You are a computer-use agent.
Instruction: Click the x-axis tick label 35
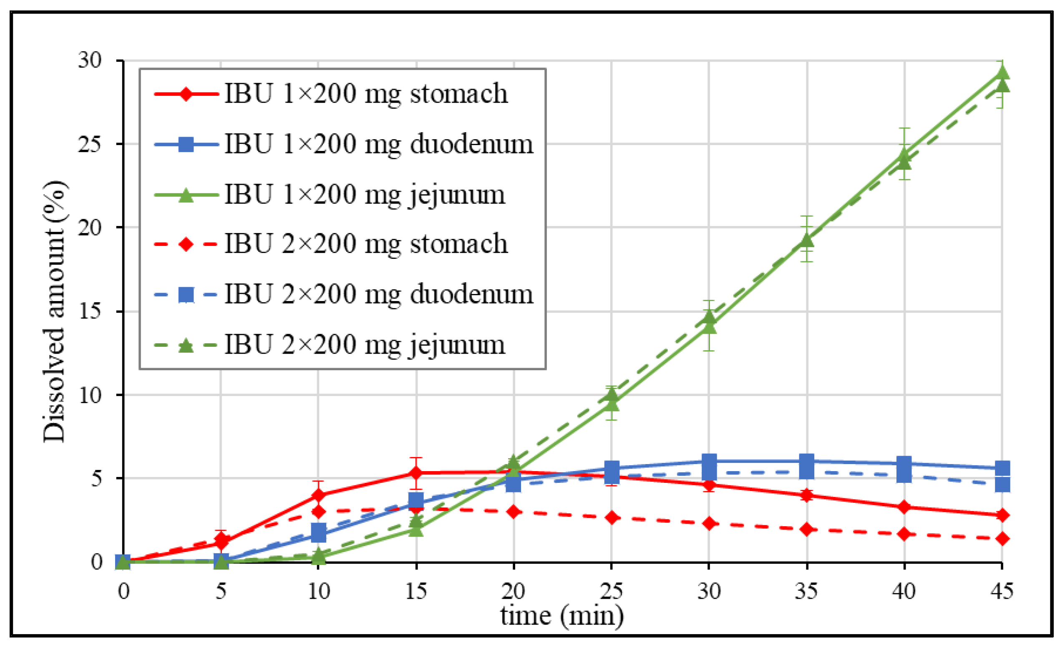(806, 591)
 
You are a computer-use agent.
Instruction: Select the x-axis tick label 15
(416, 591)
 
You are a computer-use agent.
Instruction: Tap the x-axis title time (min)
(562, 616)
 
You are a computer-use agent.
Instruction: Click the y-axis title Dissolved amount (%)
(55, 311)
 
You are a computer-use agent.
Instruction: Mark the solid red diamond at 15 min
(416, 473)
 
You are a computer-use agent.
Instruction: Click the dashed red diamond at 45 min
(1002, 539)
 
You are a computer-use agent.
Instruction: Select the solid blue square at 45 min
(1002, 468)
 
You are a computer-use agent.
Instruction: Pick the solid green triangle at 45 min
(1002, 72)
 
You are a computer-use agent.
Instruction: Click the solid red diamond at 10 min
(318, 495)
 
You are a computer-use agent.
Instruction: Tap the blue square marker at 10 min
(318, 532)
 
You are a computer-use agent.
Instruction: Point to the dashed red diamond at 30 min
(709, 524)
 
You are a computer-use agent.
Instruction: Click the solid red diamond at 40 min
(904, 507)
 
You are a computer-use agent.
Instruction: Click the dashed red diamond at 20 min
(514, 512)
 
